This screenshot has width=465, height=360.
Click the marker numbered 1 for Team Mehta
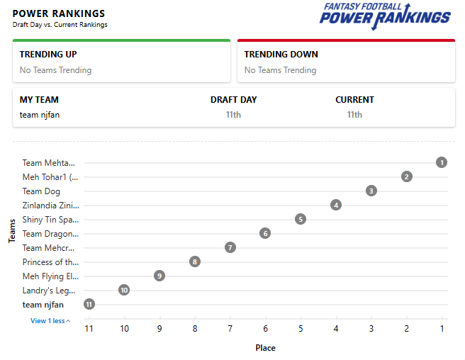coord(442,162)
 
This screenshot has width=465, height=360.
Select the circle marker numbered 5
coord(301,219)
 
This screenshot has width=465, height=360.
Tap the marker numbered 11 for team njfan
coord(89,304)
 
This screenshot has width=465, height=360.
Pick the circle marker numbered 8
coord(195,261)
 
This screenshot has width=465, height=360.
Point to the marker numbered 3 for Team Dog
coord(371,191)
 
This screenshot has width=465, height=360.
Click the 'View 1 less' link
coord(50,321)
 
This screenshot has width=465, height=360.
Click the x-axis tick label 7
coord(230,329)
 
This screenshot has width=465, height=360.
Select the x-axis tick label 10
coord(124,329)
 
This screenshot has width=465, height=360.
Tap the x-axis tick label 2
coord(407,329)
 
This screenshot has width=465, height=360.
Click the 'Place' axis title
coord(265,348)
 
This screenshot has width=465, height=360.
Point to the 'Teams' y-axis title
coord(12,231)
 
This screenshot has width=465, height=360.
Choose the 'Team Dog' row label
coord(41,191)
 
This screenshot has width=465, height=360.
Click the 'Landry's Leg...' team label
coord(49,291)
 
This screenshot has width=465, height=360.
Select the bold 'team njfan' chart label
coord(43,305)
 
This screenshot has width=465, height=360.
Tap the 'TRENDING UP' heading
coord(48,55)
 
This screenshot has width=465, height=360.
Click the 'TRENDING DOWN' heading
coord(281,55)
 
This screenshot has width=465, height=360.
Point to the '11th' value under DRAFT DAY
coord(233,115)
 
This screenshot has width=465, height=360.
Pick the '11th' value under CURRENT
coord(354,115)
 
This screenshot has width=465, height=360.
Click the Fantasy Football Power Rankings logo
coord(385,16)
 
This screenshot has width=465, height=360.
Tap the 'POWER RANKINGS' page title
coord(59,13)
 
